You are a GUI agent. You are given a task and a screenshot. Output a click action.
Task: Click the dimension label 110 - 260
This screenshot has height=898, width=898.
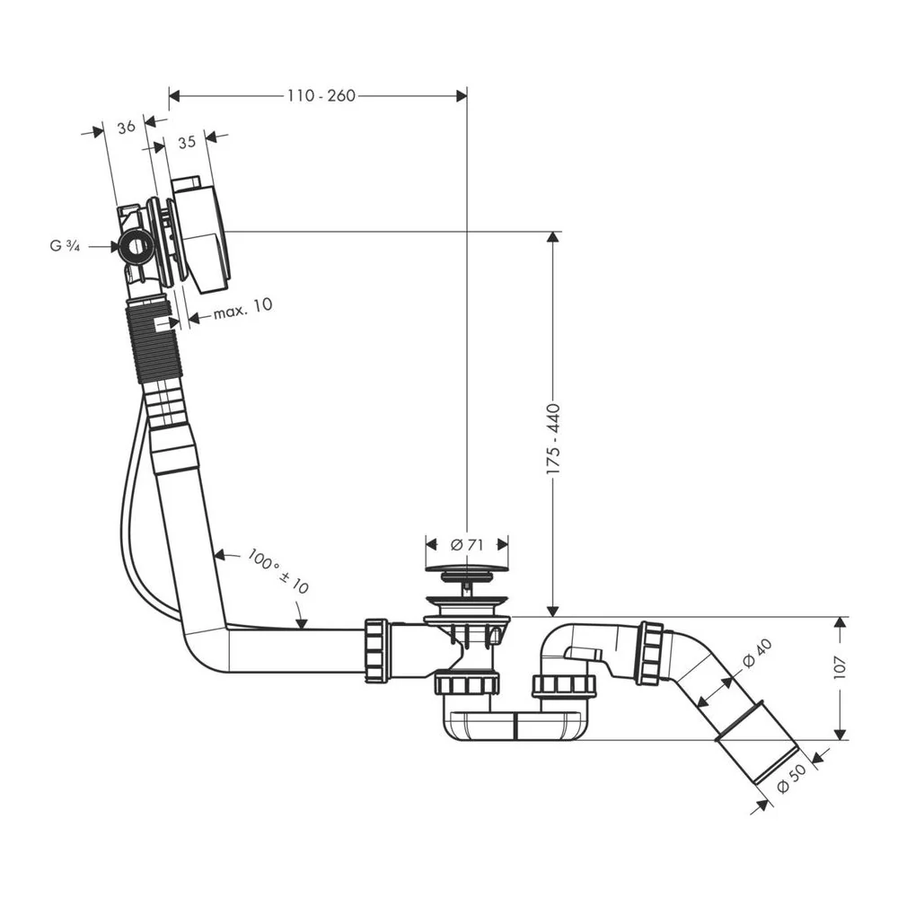(x=321, y=96)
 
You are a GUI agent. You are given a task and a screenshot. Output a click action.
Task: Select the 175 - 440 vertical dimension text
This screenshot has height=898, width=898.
(x=553, y=439)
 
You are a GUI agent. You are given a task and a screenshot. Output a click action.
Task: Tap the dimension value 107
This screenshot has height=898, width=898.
(x=841, y=667)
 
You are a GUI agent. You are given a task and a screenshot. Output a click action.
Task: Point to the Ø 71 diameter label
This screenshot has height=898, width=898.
(x=467, y=545)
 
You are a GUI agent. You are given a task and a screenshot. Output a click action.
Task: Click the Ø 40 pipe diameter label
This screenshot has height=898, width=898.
(x=758, y=653)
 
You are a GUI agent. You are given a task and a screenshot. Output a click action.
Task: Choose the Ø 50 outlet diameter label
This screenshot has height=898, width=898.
(x=791, y=779)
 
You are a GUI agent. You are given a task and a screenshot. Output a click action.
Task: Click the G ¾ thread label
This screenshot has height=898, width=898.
(x=65, y=246)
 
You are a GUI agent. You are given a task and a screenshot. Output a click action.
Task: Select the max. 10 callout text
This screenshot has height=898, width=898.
(x=242, y=309)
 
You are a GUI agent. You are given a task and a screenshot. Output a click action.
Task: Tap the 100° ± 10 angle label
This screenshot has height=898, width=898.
(x=278, y=570)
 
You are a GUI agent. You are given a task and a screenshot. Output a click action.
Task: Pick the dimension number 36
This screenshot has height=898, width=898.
(x=126, y=127)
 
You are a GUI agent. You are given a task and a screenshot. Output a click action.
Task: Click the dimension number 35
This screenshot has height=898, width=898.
(x=187, y=142)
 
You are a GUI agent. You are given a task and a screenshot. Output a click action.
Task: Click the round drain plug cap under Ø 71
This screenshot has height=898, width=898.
(x=467, y=569)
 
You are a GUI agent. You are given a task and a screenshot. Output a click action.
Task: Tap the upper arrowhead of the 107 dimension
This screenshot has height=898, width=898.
(x=841, y=623)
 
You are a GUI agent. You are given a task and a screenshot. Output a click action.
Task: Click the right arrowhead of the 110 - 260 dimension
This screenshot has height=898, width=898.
(x=461, y=96)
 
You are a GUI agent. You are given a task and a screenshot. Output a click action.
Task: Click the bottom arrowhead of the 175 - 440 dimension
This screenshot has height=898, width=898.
(x=552, y=611)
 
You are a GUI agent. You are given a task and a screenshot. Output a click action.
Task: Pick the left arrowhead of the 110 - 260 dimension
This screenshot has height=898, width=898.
(x=175, y=96)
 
